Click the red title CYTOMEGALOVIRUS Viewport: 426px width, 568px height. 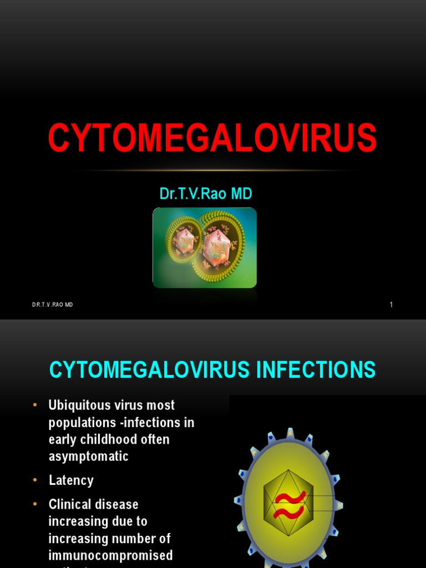click(x=212, y=138)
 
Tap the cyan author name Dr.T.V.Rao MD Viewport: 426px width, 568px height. click(x=206, y=194)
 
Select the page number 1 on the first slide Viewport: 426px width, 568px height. click(x=391, y=305)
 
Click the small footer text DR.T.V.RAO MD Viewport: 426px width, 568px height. click(x=52, y=305)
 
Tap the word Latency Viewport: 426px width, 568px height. click(x=71, y=480)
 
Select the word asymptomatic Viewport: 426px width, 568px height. click(x=88, y=457)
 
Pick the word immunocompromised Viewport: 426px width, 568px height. click(x=110, y=555)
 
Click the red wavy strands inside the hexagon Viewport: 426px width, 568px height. click(x=290, y=505)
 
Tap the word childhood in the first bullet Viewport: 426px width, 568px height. click(x=106, y=439)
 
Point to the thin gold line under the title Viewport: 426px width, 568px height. click(x=212, y=170)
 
